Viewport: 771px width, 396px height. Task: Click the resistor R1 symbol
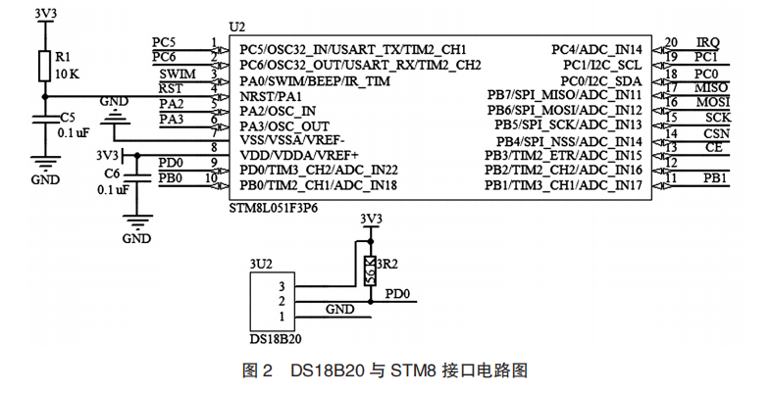click(x=43, y=66)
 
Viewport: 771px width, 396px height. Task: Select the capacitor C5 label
click(x=68, y=116)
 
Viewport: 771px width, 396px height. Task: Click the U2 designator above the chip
click(x=235, y=25)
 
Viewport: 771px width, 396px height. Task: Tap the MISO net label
click(x=711, y=87)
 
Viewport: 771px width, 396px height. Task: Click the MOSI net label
click(x=711, y=102)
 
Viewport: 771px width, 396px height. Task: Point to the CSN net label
click(x=715, y=132)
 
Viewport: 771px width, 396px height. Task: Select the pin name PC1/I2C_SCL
click(x=601, y=64)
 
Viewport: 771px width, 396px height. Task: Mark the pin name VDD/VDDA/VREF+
click(x=299, y=155)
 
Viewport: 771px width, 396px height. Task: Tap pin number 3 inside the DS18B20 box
click(x=282, y=285)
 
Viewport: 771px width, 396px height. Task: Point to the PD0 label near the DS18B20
click(x=397, y=293)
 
